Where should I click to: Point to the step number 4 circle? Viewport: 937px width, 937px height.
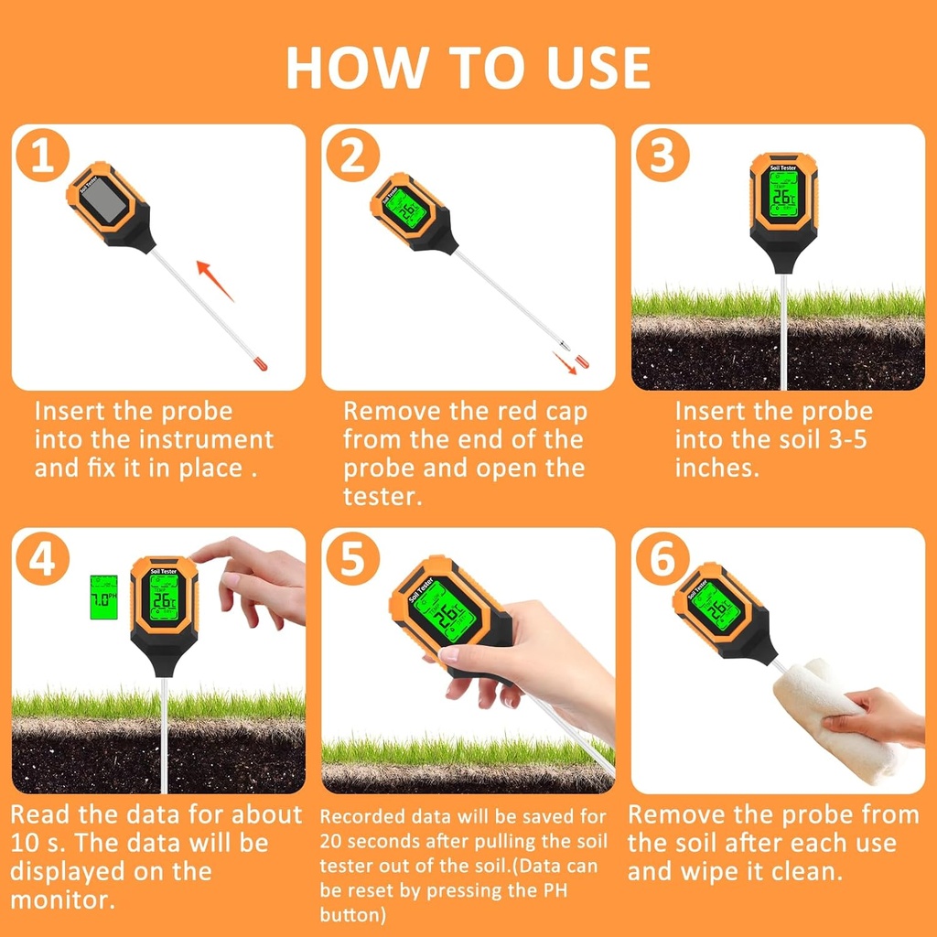point(42,559)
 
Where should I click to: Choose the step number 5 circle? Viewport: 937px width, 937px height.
point(351,559)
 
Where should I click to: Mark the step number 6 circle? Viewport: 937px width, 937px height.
point(662,559)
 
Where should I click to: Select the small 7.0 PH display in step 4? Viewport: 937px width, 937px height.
point(103,596)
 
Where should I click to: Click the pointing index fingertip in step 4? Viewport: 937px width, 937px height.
point(198,551)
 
